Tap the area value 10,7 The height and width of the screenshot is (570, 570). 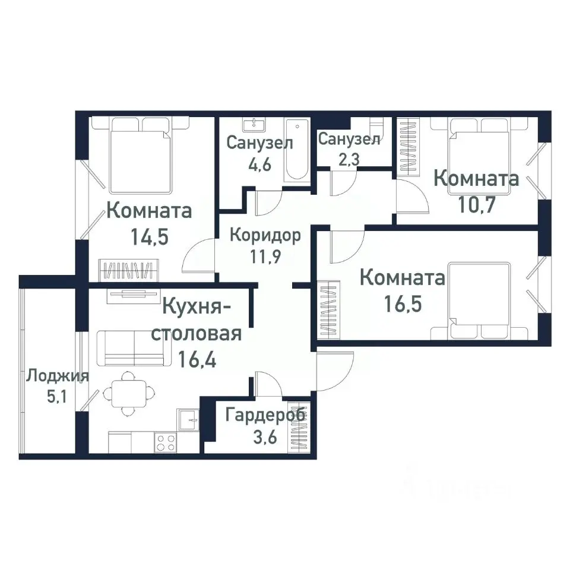pos(476,204)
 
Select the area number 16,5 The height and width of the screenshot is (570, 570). pos(403,304)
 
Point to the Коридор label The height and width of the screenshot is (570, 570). pos(265,235)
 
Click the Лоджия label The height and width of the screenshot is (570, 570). pos(58,376)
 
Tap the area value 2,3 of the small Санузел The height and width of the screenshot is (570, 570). pos(349,159)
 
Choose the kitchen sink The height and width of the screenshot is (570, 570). pos(189,419)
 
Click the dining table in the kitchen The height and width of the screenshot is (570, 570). pos(127,392)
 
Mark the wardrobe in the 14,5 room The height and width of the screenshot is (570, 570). pos(128,270)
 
